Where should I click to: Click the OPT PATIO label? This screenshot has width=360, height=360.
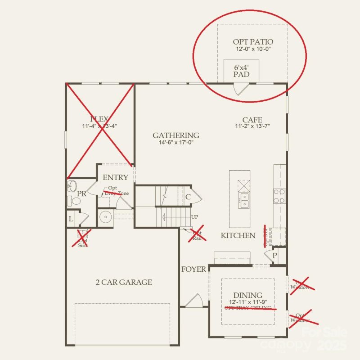[252, 41]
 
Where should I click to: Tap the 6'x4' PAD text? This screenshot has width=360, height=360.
[241, 71]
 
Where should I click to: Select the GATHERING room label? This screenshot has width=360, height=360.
[175, 135]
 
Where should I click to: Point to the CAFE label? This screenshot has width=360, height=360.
[252, 120]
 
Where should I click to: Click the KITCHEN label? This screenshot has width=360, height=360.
[238, 235]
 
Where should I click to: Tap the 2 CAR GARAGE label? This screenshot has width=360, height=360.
[124, 283]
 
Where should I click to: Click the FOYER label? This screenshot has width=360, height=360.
[193, 270]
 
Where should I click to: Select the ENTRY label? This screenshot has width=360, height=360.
[115, 177]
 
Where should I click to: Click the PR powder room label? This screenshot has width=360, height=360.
[81, 193]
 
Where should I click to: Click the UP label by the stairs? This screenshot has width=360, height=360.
[194, 217]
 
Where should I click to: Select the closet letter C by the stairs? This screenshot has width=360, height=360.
[188, 197]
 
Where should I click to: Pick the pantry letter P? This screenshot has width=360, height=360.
[274, 255]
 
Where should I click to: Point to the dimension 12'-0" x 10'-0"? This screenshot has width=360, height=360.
[252, 49]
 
